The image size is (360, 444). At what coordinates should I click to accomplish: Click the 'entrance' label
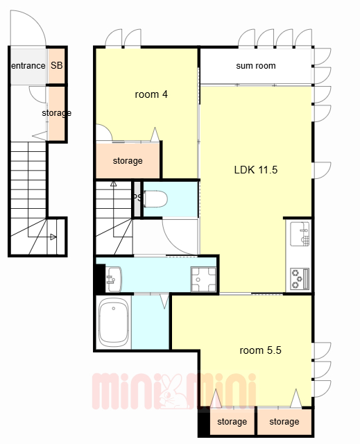pyautogui.click(x=28, y=66)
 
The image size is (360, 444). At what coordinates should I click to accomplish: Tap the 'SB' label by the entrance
pyautogui.click(x=57, y=65)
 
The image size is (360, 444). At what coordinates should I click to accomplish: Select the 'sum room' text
pyautogui.click(x=256, y=66)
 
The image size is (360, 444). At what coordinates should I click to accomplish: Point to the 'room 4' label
pyautogui.click(x=151, y=94)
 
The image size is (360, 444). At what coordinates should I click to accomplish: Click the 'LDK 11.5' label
pyautogui.click(x=256, y=170)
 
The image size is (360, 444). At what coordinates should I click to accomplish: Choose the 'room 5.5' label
pyautogui.click(x=260, y=350)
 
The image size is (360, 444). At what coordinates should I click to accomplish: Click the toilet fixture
pyautogui.click(x=155, y=199)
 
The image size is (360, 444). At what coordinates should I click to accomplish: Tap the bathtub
pyautogui.click(x=114, y=323)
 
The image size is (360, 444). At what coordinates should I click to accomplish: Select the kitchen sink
pyautogui.click(x=300, y=234)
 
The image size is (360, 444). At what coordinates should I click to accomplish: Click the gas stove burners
pyautogui.click(x=300, y=279)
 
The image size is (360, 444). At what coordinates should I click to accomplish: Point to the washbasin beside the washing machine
pyautogui.click(x=114, y=279)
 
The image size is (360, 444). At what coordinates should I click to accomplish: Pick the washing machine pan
pyautogui.click(x=203, y=280)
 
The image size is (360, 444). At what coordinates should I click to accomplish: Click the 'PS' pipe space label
pyautogui.click(x=137, y=197)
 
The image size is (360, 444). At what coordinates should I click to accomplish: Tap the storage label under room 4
pyautogui.click(x=128, y=161)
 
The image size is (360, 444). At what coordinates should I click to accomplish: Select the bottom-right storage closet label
pyautogui.click(x=284, y=422)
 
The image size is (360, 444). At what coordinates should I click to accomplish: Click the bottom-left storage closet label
pyautogui.click(x=232, y=422)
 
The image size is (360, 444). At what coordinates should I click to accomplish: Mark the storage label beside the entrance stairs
pyautogui.click(x=57, y=113)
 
